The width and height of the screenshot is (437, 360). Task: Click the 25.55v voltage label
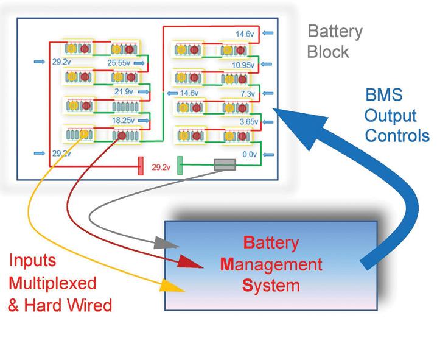(x=119, y=62)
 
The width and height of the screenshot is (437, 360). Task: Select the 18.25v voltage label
(x=122, y=121)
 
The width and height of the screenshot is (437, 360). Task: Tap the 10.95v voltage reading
(x=243, y=64)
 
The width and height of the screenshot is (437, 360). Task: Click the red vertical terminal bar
(x=140, y=166)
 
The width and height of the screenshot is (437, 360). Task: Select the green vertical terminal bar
(x=180, y=166)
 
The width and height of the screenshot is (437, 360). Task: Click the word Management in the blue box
(x=271, y=265)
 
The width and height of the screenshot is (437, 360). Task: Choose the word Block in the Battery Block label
(x=328, y=52)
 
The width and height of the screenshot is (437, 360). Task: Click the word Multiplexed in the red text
(x=52, y=283)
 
